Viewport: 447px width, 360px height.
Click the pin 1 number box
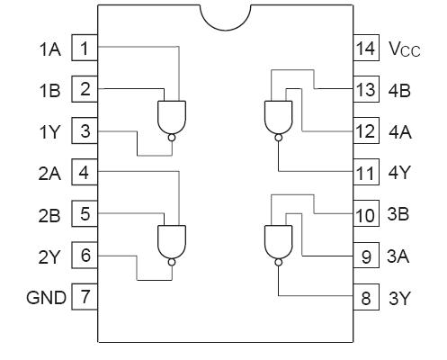coord(85,48)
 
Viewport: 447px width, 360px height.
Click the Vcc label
coord(404,49)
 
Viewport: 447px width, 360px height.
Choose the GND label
coord(46,296)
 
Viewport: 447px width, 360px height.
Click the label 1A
coord(49,49)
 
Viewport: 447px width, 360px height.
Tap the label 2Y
coord(49,256)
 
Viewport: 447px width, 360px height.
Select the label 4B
coord(399,90)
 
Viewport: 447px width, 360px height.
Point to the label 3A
coord(399,256)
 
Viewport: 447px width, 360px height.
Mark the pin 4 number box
coord(85,172)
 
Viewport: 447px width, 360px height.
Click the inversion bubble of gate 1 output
coord(170,138)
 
